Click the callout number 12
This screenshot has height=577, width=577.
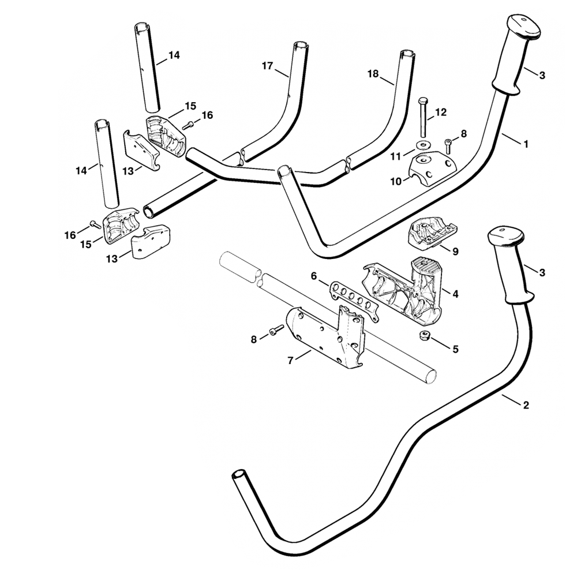point(441,113)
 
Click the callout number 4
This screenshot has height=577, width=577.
point(455,294)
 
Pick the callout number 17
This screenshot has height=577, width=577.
point(267,66)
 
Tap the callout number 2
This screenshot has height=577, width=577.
point(525,405)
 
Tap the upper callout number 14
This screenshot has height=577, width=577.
point(174,55)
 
